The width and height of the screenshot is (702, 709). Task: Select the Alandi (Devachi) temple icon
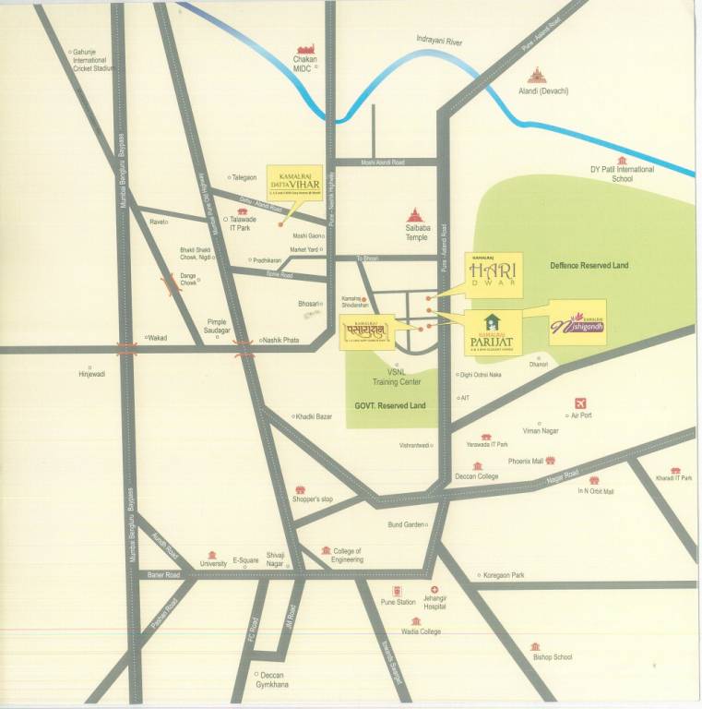535,75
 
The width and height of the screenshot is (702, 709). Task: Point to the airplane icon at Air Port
581,403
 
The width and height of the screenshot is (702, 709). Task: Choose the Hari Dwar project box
491,275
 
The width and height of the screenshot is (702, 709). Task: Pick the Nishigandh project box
578,322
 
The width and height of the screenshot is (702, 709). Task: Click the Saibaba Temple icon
414,214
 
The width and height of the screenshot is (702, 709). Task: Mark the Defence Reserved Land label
589,266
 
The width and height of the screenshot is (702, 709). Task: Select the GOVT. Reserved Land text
390,405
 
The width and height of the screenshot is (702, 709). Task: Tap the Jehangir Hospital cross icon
434,590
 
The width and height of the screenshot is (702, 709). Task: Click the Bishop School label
552,657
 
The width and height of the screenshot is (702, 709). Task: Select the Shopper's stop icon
300,489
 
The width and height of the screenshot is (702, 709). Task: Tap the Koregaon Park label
503,575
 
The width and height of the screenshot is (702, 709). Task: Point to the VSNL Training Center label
397,377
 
